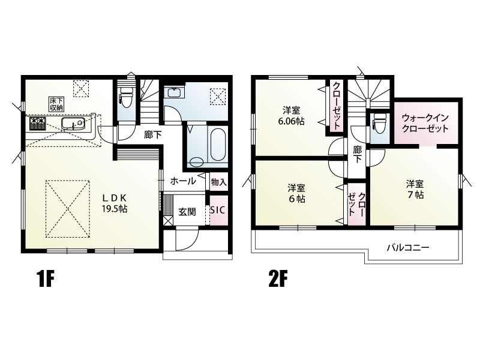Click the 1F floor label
tap(46, 279)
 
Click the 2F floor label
tap(278, 279)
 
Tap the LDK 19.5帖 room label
tap(115, 203)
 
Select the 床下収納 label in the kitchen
tap(56, 104)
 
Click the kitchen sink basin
tap(73, 123)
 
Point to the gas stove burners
tap(38, 124)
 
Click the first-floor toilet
tap(126, 96)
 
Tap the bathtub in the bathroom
tap(218, 143)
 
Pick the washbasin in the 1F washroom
tap(174, 92)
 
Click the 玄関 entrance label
tap(187, 212)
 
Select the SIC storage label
tap(217, 210)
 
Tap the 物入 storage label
tap(218, 182)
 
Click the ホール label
tap(183, 181)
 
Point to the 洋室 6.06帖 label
tap(291, 116)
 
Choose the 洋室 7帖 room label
tap(415, 189)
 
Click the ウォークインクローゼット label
tap(425, 123)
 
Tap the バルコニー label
tap(408, 247)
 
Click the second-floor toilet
tap(380, 124)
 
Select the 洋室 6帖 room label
tap(296, 193)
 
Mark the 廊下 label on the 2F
tap(357, 154)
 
